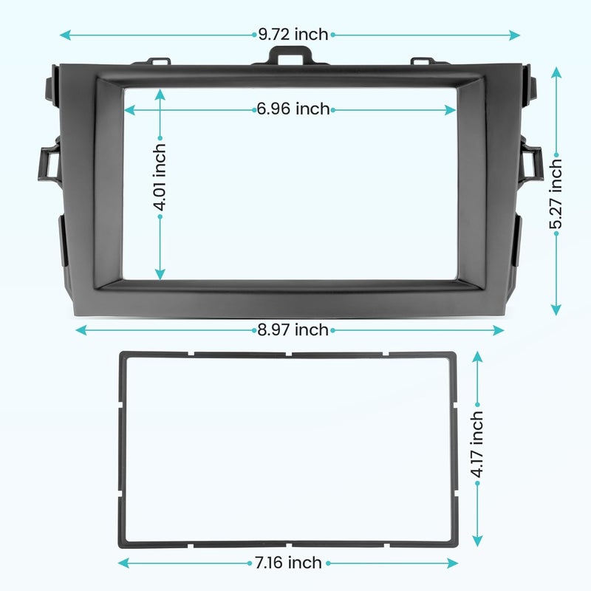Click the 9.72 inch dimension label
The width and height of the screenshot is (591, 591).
[293, 35]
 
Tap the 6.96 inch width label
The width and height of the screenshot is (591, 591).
[293, 109]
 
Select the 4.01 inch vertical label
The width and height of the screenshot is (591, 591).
[160, 177]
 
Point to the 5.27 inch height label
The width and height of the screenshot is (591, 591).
[556, 194]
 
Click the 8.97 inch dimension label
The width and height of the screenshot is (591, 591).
[293, 329]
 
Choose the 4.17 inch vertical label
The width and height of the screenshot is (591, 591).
[477, 444]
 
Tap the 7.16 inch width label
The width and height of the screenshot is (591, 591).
[289, 563]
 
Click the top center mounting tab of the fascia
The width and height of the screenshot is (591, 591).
[290, 55]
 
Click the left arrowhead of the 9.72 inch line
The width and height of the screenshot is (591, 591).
[65, 35]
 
